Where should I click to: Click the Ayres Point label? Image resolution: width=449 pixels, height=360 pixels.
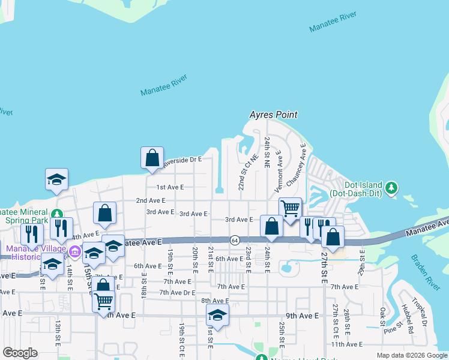pyautogui.click(x=274, y=115)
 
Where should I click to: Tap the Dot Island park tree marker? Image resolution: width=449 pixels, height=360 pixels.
pyautogui.click(x=391, y=188)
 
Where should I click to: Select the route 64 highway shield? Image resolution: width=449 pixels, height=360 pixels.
pyautogui.click(x=234, y=240)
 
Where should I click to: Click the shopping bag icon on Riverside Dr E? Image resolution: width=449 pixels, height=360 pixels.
pyautogui.click(x=152, y=158)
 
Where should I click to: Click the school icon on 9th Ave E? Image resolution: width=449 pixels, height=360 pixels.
pyautogui.click(x=217, y=315)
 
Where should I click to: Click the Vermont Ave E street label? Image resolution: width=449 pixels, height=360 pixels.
pyautogui.click(x=279, y=171)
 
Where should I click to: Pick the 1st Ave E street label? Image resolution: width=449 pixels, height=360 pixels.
pyautogui.click(x=170, y=187)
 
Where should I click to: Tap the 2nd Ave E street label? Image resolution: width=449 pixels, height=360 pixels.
pyautogui.click(x=150, y=200)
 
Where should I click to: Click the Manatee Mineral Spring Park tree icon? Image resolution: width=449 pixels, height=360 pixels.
pyautogui.click(x=57, y=214)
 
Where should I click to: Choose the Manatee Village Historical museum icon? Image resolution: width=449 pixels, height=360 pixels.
pyautogui.click(x=74, y=250)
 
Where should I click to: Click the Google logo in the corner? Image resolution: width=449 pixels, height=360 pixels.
pyautogui.click(x=20, y=353)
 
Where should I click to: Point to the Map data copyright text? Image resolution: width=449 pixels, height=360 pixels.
pyautogui.click(x=411, y=355)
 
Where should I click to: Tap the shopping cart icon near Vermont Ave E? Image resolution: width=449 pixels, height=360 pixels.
pyautogui.click(x=290, y=209)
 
